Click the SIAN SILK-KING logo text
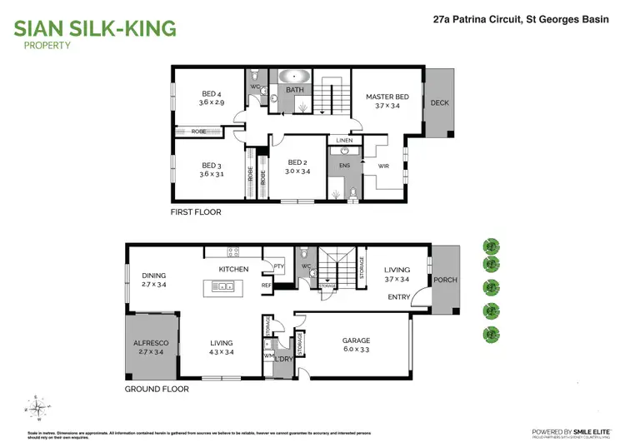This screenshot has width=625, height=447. [96, 28]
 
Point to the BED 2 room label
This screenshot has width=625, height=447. [298, 162]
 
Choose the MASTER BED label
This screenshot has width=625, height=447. [388, 97]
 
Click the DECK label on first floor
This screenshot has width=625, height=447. [439, 102]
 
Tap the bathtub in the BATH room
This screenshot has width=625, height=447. [293, 76]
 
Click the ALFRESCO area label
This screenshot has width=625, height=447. [152, 343]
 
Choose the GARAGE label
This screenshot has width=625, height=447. [356, 340]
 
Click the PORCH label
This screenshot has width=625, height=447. [445, 280]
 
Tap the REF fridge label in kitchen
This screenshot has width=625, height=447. [267, 286]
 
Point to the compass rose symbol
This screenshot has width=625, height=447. [37, 405]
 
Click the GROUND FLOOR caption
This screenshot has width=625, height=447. [157, 389]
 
